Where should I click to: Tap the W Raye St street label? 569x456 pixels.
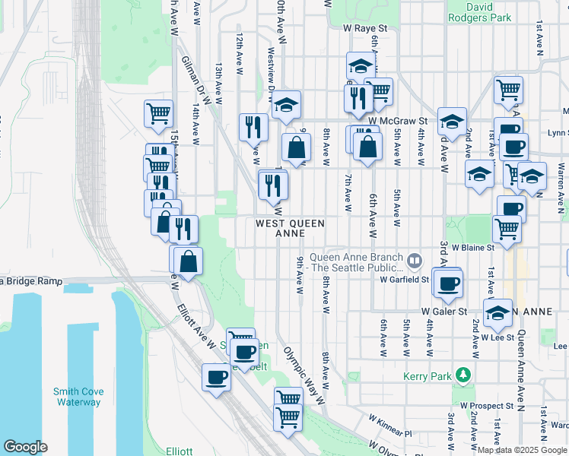point(365,29)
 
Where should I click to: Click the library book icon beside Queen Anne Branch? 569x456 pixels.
point(415,261)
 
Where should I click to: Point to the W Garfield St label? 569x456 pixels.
point(405,280)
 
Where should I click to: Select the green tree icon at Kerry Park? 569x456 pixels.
point(462,375)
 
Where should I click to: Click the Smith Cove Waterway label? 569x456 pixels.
point(78,397)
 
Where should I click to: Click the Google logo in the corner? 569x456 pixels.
point(25,447)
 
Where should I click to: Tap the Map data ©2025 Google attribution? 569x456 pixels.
point(522,450)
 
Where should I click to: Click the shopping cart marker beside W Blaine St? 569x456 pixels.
point(507,228)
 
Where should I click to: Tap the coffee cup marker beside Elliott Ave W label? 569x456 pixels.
point(217,377)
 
